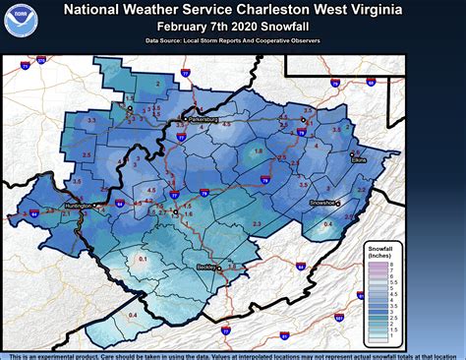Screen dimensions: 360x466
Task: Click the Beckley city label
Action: [204, 267]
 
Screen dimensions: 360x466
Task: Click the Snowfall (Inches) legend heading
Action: [382, 252]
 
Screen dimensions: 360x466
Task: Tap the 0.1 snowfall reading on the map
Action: [142, 259]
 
